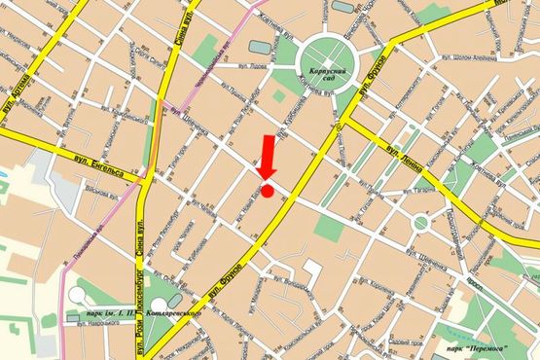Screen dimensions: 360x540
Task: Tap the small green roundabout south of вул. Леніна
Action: [420, 222]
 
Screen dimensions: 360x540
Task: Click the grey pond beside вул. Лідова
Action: [260, 46]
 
